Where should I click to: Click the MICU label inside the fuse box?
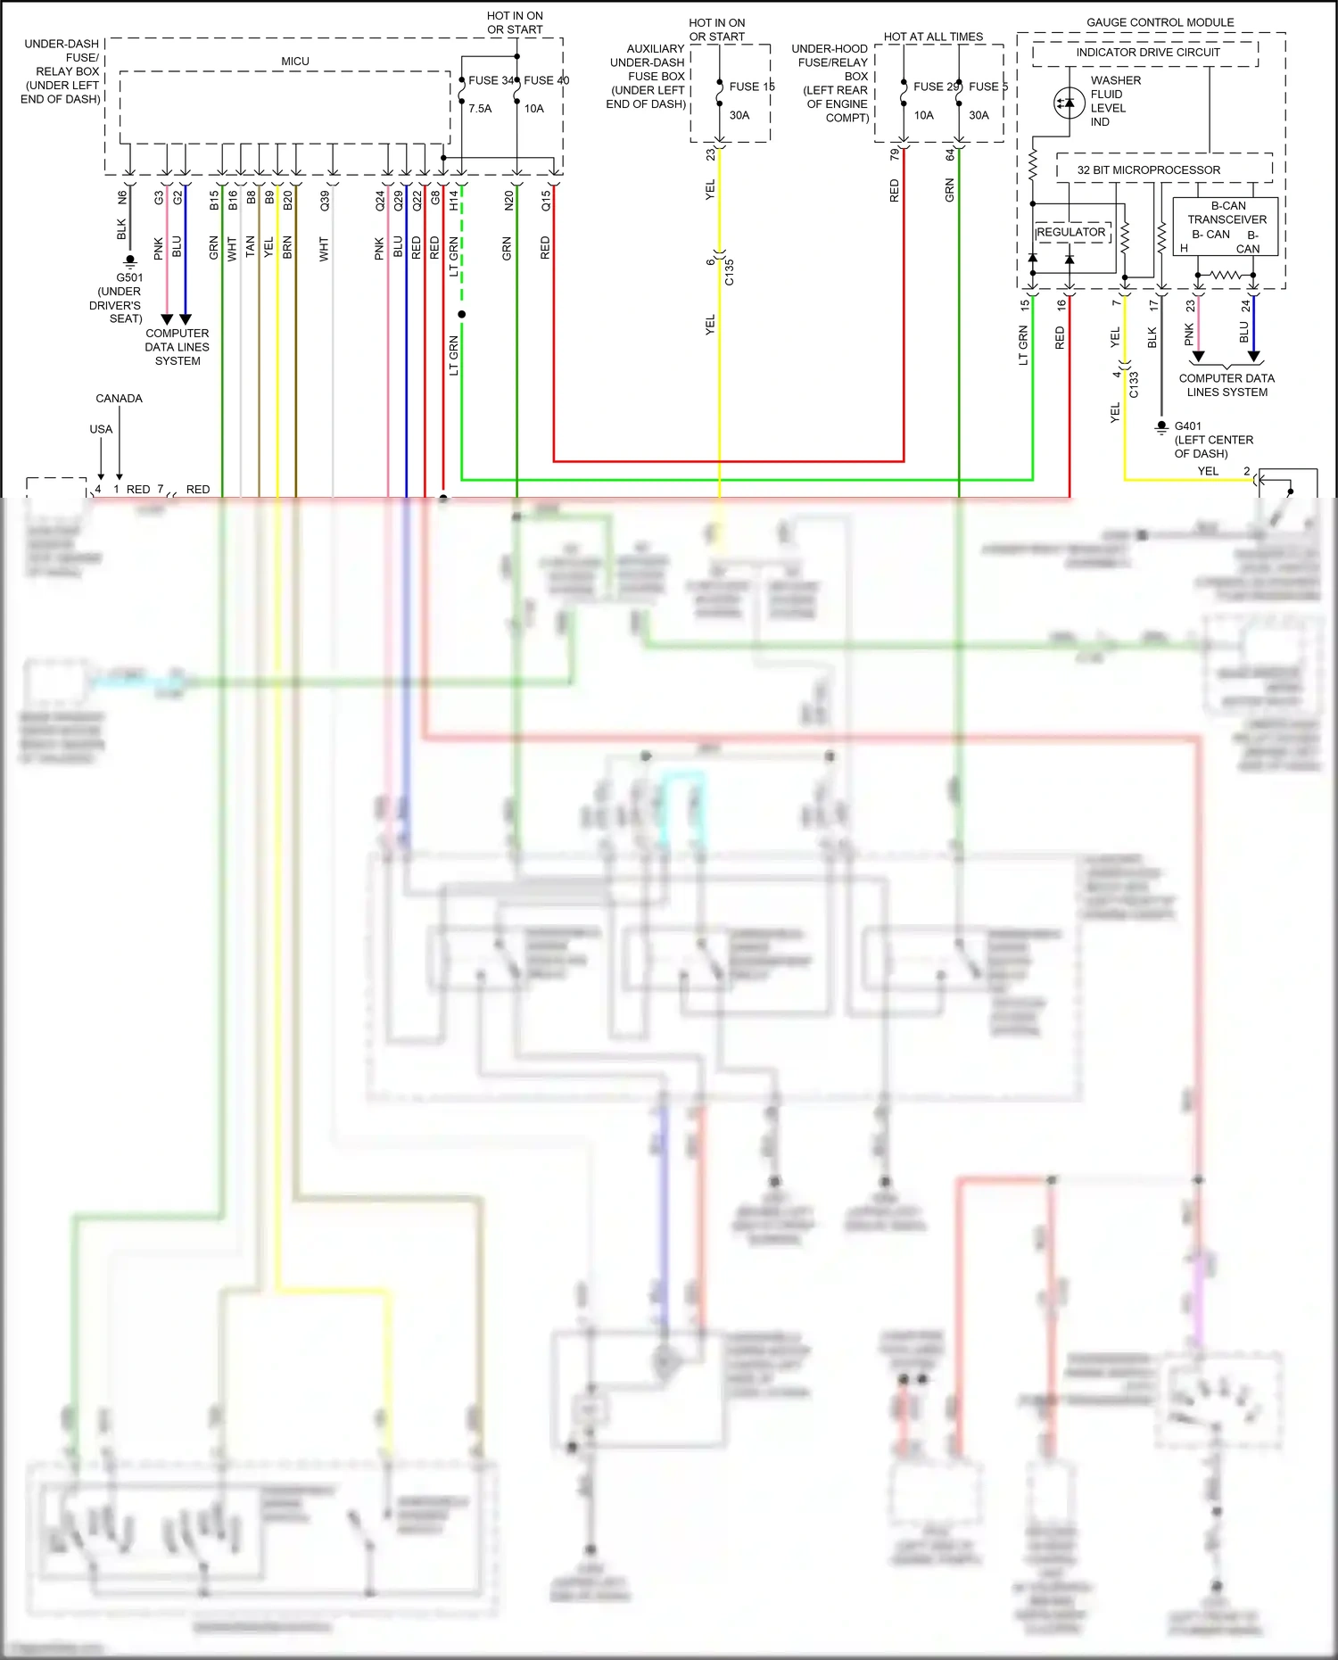pos(295,62)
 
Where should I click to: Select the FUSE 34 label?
pos(491,80)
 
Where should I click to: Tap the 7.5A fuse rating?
pos(480,109)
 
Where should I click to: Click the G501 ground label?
pos(129,277)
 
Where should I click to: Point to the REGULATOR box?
pos(1072,233)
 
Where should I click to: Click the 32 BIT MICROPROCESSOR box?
pos(1148,169)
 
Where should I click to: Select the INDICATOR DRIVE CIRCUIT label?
pos(1147,53)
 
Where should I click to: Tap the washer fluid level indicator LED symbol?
pos(1069,103)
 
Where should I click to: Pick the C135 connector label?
pos(729,271)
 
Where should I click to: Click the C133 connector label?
pos(1134,384)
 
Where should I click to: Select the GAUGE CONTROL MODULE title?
pos(1160,22)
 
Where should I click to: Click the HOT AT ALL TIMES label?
pos(933,37)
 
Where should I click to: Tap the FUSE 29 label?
pos(936,87)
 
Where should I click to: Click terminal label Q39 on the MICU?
pos(325,201)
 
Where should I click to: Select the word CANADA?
pos(119,399)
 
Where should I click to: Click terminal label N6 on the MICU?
pos(122,198)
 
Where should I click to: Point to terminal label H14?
pos(453,201)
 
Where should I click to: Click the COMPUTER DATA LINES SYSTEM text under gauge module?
pos(1226,385)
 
